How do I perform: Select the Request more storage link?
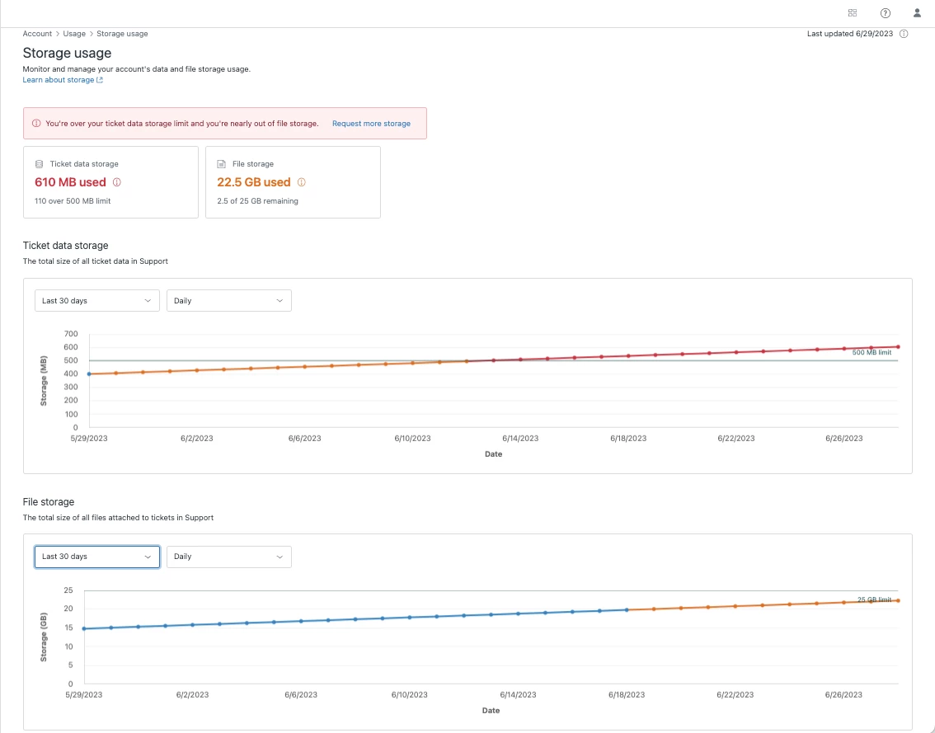(x=371, y=124)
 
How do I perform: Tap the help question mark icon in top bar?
(x=886, y=13)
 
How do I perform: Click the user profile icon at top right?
(x=917, y=13)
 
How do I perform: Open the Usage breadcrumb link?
(x=74, y=34)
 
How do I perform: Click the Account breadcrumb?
(x=37, y=34)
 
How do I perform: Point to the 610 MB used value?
(x=70, y=182)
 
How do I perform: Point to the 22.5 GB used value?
(x=253, y=182)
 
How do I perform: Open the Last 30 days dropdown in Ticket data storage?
(x=97, y=301)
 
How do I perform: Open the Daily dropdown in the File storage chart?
(x=228, y=557)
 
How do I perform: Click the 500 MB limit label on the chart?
(x=872, y=353)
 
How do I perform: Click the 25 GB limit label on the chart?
(x=874, y=599)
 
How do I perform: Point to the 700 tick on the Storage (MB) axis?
(x=70, y=334)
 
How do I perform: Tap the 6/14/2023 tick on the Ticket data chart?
(x=520, y=439)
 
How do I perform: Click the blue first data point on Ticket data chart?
(x=89, y=374)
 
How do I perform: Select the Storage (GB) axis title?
(x=45, y=637)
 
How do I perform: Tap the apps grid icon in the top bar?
(x=853, y=13)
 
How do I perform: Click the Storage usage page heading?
(x=67, y=54)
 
